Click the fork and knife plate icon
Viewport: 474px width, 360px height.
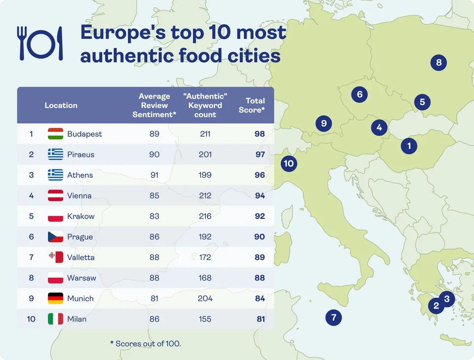[40, 43]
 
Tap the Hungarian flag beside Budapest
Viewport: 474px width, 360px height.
[55, 134]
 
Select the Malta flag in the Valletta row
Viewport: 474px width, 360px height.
[55, 257]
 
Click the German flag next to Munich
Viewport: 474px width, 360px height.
[55, 298]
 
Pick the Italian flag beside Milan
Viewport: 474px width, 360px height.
[55, 319]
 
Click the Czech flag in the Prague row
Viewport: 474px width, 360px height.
[55, 237]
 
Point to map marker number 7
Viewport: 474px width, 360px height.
[334, 318]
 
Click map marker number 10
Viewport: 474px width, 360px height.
[289, 163]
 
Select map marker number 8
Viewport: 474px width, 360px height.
[438, 63]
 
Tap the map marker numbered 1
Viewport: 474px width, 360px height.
[409, 146]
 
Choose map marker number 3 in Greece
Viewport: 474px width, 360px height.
[447, 299]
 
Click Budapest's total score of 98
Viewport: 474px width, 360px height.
[260, 134]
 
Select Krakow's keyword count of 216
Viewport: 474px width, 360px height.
[205, 216]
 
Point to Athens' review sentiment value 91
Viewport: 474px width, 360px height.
[155, 175]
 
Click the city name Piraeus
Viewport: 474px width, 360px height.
[80, 155]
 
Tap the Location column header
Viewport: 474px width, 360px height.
[61, 105]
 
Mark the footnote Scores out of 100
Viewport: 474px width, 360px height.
[146, 343]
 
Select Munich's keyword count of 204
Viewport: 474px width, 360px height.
[205, 298]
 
